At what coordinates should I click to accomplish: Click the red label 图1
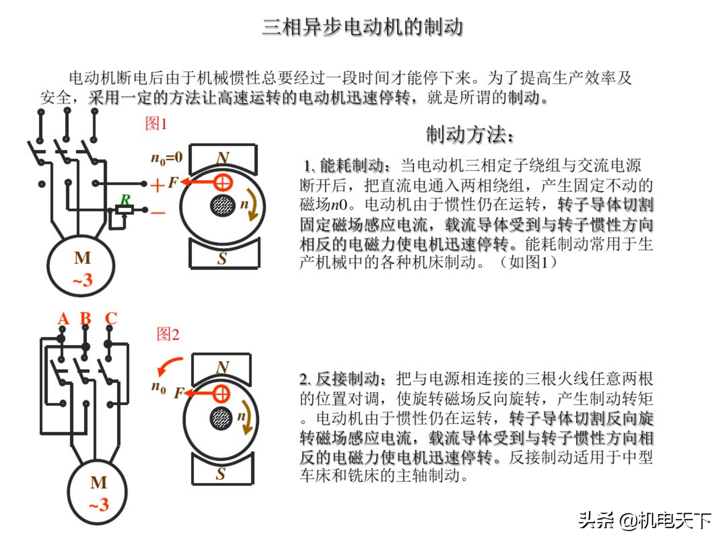[156, 124]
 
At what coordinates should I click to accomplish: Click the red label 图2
[168, 334]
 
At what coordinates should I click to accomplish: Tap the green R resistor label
[125, 199]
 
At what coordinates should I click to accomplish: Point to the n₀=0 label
[167, 158]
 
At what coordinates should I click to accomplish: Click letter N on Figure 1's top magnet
[223, 158]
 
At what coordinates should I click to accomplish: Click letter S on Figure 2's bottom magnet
[221, 473]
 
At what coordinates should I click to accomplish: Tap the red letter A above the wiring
[63, 318]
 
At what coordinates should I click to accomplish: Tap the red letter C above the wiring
[111, 318]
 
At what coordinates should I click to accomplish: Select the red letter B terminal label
[86, 318]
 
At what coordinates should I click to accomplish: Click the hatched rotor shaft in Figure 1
[222, 206]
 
